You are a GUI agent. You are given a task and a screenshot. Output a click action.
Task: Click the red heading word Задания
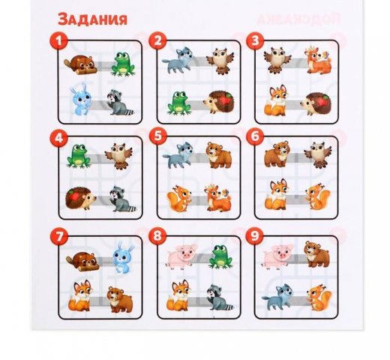92,19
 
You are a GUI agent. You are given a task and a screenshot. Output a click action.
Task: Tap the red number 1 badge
58,40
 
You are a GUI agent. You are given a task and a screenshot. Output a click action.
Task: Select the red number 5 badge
158,136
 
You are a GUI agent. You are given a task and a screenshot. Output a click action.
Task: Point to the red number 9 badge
255,235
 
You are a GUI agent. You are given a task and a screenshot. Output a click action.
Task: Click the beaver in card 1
80,65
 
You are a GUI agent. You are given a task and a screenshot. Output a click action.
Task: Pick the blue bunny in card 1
80,100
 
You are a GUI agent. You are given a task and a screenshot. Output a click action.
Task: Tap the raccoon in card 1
120,103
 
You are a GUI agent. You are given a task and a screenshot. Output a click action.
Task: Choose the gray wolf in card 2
178,60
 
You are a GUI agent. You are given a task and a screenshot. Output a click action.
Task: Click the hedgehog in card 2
219,102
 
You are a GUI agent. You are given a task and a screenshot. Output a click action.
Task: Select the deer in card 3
318,60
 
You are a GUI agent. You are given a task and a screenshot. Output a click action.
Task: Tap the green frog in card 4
78,156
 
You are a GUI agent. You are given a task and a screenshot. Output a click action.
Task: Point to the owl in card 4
118,156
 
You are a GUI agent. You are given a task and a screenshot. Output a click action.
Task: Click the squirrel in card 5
178,199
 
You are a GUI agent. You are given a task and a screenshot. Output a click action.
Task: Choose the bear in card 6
277,154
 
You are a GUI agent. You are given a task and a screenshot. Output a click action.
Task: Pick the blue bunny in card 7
123,257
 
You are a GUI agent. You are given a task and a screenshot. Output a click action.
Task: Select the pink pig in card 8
181,256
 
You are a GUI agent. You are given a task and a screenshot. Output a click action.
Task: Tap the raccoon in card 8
219,298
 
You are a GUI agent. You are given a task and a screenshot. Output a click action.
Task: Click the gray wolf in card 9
277,297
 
